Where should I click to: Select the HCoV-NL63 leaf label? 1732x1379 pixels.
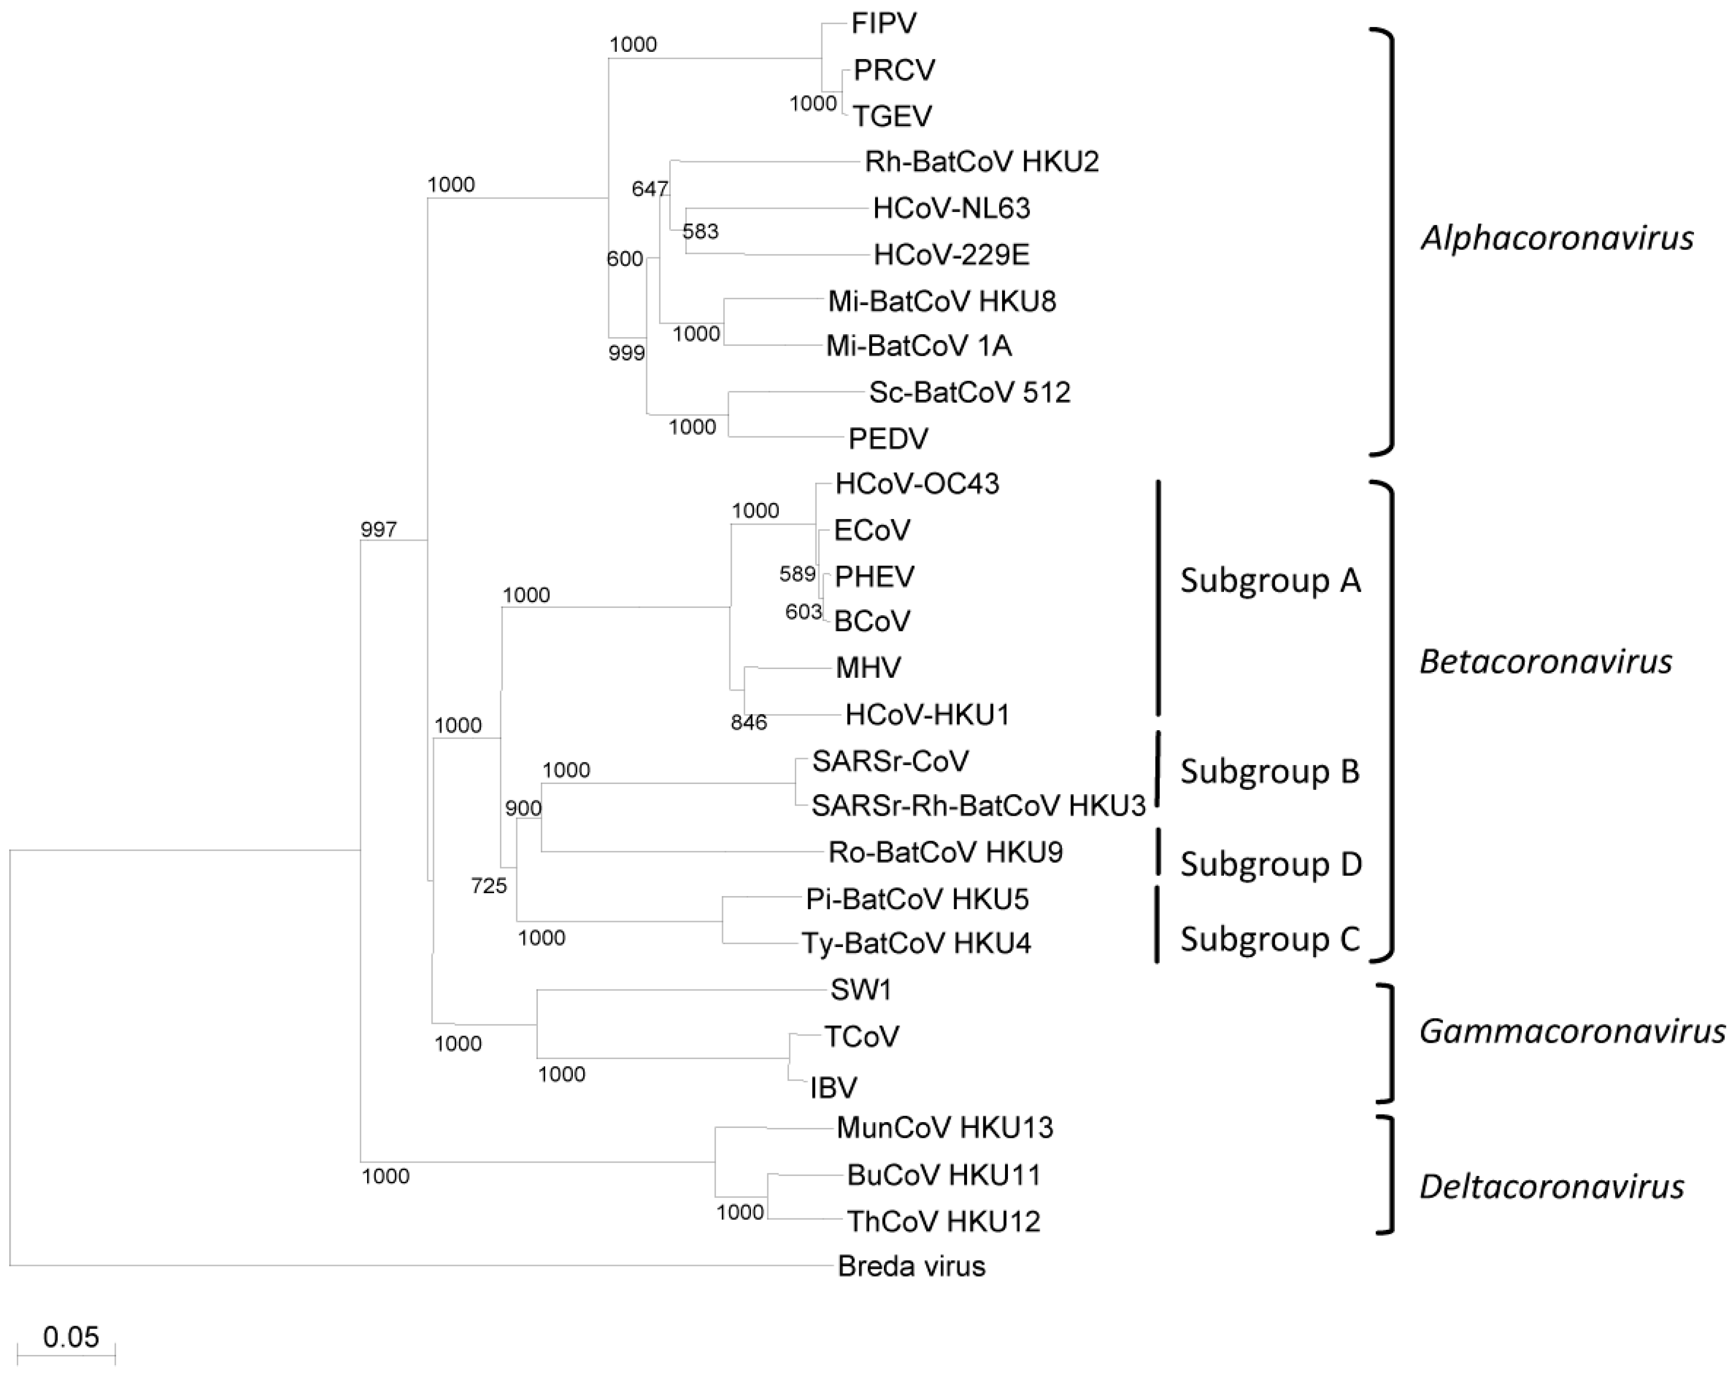click(x=951, y=209)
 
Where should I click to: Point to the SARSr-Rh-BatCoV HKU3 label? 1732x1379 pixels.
click(x=978, y=806)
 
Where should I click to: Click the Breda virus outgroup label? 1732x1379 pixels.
click(x=911, y=1266)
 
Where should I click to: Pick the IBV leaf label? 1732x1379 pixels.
click(x=833, y=1088)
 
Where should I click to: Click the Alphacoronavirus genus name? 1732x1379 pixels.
click(x=1557, y=239)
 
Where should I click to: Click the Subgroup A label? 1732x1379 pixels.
click(x=1270, y=580)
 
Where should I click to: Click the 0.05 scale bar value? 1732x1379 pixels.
click(x=71, y=1337)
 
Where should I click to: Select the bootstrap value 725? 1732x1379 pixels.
click(x=488, y=886)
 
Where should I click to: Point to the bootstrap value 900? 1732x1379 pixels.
click(x=523, y=809)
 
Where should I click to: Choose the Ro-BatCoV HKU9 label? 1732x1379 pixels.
click(x=945, y=852)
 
